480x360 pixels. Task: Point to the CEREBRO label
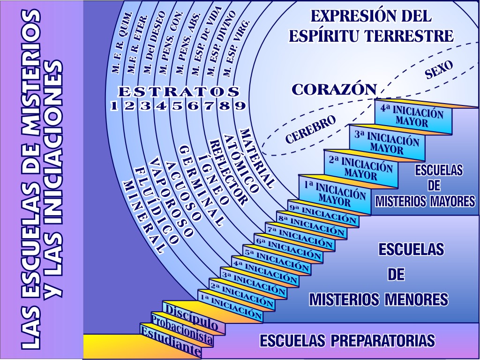[311, 129]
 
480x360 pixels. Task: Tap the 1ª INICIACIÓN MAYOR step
[328, 192]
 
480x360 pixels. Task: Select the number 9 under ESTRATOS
[240, 105]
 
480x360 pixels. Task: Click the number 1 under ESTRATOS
[113, 106]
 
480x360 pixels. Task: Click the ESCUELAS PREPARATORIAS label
[347, 340]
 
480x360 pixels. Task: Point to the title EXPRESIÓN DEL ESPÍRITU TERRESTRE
[371, 26]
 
